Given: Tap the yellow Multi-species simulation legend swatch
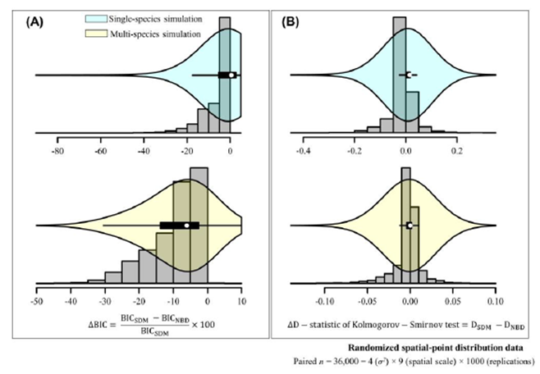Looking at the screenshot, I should (x=114, y=34).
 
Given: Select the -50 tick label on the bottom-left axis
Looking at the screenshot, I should (x=36, y=300).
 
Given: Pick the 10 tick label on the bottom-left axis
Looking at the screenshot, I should (x=241, y=300).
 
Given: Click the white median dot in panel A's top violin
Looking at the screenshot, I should (x=231, y=75).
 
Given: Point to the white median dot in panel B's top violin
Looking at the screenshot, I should (x=407, y=75).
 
